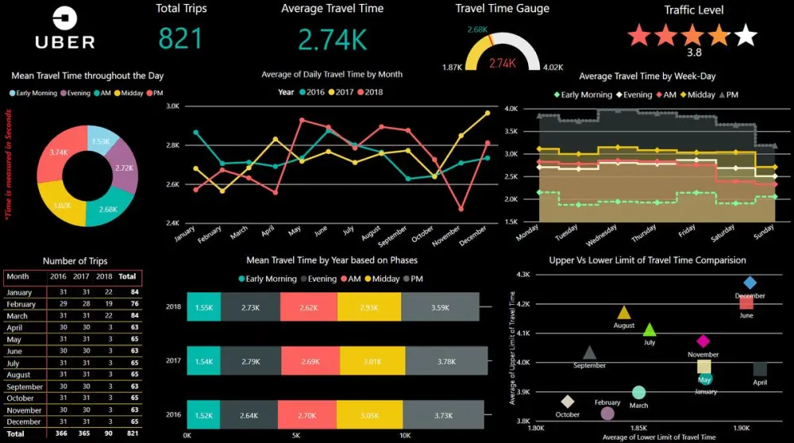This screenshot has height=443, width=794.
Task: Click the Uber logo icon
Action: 64,18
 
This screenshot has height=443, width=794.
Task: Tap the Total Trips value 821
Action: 181,38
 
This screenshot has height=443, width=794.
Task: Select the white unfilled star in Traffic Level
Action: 746,36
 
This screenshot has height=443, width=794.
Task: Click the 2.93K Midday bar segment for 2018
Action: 369,307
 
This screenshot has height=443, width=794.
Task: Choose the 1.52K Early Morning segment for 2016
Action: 203,415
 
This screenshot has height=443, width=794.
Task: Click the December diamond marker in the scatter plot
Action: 750,283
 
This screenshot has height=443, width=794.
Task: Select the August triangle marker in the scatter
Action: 624,313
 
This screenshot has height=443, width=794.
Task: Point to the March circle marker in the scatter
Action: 638,392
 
